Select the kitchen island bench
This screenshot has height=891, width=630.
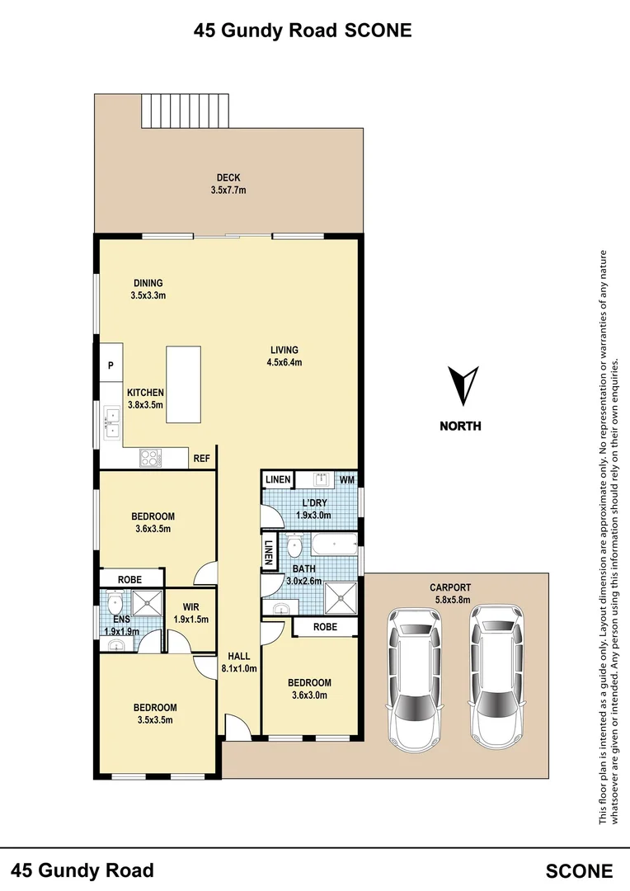[184, 384]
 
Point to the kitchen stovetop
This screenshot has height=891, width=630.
[149, 456]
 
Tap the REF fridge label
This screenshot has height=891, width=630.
[201, 459]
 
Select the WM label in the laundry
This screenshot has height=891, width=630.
[346, 479]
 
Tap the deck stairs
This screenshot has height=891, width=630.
[185, 111]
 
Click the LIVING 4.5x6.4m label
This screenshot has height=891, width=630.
[284, 356]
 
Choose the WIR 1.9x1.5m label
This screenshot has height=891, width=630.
[191, 613]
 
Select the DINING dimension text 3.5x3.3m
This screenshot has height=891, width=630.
[148, 295]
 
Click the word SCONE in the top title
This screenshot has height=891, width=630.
[378, 31]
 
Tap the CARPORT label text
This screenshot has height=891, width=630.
[449, 587]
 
